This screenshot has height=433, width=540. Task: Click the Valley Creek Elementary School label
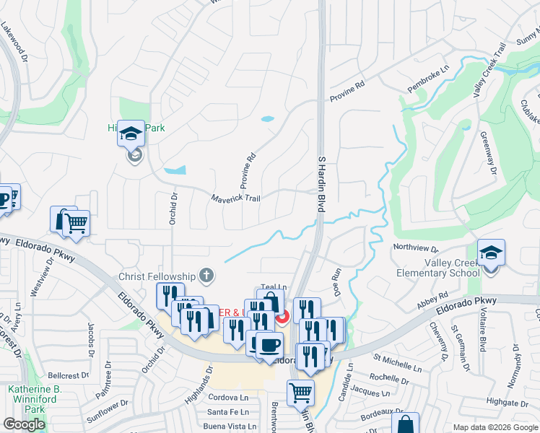click(439, 268)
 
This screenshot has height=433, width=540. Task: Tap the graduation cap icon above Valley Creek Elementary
click(491, 253)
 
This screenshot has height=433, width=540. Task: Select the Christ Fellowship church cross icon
click(206, 275)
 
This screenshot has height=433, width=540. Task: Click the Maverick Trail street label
click(235, 198)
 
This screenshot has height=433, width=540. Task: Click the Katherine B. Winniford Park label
click(35, 398)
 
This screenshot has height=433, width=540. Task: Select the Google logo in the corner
click(24, 424)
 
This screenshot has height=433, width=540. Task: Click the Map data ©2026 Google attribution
click(495, 427)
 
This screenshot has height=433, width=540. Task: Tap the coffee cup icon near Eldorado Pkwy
click(269, 345)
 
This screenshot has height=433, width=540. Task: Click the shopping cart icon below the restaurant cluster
click(300, 394)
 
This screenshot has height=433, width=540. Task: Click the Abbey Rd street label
click(432, 299)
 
